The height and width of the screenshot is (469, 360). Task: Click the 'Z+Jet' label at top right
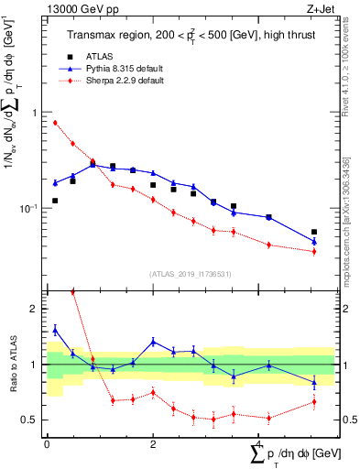coord(321,8)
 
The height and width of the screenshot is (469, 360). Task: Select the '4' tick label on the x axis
coord(258,444)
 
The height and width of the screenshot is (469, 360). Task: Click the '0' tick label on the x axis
coord(47,444)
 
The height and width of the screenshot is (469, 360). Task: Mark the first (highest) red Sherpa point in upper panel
coord(55,123)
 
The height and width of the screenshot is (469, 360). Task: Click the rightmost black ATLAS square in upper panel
coord(314,232)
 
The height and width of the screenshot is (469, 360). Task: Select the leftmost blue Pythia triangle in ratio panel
coord(55,330)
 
